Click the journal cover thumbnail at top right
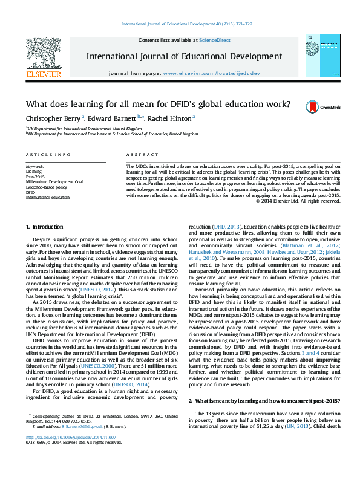[x=324, y=56]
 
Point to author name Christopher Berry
[x=45, y=118]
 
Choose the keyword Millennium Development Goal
[x=54, y=181]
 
